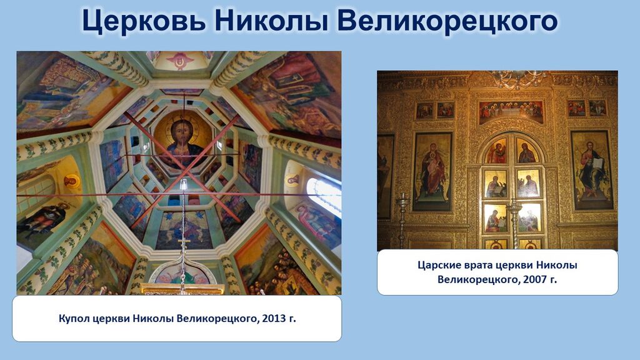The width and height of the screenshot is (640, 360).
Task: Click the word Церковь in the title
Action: [144, 21]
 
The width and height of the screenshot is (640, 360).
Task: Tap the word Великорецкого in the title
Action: [447, 21]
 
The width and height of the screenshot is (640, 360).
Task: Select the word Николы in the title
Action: [272, 21]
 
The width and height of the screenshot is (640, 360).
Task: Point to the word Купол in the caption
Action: [74, 319]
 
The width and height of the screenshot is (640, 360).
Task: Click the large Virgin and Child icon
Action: [432, 171]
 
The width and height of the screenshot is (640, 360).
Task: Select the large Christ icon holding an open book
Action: [592, 170]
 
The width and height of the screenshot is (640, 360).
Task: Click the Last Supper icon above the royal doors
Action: [511, 112]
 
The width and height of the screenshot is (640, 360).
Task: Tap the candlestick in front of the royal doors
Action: [514, 224]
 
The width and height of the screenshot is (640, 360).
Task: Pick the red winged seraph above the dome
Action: [180, 60]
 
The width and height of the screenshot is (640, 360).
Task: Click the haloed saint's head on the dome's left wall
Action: [71, 181]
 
